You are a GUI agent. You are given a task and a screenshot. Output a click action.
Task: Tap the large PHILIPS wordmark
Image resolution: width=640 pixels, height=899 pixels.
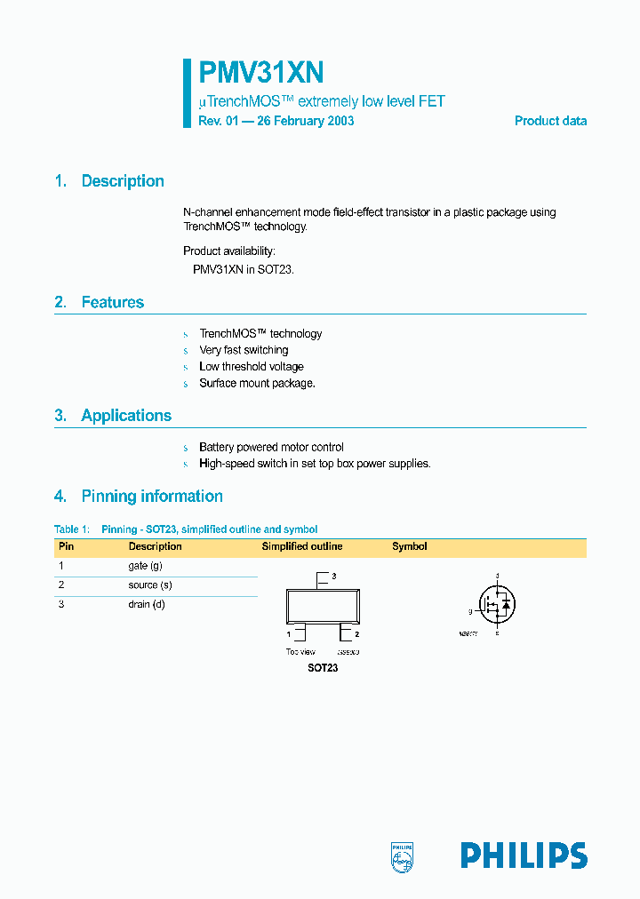coord(523,855)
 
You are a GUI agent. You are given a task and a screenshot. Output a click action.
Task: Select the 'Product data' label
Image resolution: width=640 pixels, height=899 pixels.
coord(550,121)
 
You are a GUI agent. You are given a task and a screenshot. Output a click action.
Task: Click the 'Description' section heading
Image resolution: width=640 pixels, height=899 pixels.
coord(122,181)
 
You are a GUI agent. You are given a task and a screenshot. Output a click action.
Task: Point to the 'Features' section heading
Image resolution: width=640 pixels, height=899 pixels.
coord(112,303)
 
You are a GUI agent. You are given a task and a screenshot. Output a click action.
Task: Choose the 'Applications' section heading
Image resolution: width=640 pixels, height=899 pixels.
coord(126,416)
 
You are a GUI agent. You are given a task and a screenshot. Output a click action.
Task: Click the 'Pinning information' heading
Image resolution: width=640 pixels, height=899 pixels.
coord(151,497)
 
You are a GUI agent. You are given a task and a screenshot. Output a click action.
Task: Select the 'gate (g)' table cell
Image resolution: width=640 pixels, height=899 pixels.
coord(145,566)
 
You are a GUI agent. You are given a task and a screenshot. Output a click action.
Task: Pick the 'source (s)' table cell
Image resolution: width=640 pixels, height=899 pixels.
coord(149,585)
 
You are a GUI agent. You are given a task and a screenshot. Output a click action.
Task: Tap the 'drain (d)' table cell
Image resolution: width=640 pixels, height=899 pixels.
coord(147,605)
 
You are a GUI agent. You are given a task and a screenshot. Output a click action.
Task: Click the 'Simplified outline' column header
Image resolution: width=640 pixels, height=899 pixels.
coord(301,547)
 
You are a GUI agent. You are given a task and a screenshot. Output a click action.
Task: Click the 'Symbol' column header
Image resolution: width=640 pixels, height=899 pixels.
coord(410,547)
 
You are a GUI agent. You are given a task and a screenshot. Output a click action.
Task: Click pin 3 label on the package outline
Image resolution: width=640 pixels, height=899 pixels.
coord(333,577)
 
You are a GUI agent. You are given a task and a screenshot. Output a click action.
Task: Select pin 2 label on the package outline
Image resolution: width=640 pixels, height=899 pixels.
coord(356,635)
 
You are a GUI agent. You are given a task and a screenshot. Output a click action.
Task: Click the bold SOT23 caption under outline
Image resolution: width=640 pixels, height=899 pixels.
coord(323,668)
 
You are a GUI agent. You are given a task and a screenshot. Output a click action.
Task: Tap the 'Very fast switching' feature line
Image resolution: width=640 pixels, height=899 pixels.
coord(244,351)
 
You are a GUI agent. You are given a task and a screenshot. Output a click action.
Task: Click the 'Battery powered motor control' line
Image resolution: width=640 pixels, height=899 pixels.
coord(271,448)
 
